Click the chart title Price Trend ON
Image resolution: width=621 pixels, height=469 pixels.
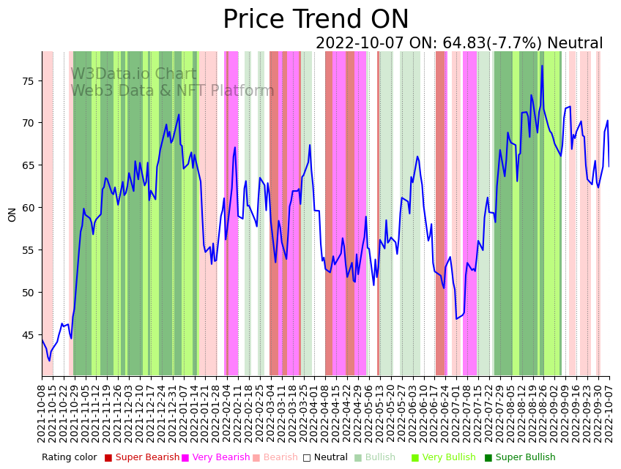(x=316, y=20)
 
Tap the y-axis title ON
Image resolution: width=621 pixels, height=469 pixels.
(x=12, y=214)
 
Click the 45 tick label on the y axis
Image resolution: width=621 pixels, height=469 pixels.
(x=29, y=335)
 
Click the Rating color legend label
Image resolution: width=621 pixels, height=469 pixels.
(x=69, y=457)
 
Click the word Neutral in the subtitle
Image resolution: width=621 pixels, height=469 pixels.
(x=575, y=44)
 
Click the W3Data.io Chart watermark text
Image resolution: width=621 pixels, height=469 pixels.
(x=133, y=74)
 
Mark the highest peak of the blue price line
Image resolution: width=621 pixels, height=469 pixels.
(x=542, y=66)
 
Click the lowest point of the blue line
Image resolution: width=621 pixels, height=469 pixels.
(x=50, y=361)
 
